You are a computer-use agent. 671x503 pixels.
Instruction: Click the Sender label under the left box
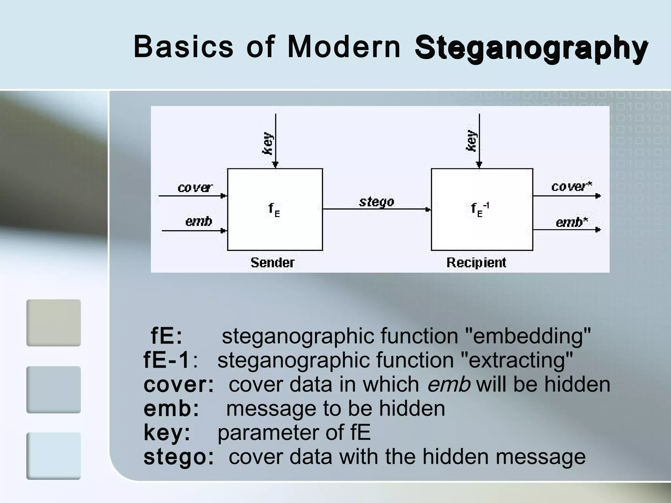(x=272, y=263)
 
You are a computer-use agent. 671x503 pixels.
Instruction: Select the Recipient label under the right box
(x=476, y=263)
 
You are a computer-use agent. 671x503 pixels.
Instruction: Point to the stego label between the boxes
(x=376, y=202)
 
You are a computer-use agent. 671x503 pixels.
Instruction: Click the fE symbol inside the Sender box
(x=274, y=210)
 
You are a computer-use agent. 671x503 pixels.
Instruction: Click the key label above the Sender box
(x=268, y=143)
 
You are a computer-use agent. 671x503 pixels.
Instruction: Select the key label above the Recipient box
(x=471, y=141)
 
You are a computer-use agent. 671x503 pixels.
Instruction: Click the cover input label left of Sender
(x=195, y=188)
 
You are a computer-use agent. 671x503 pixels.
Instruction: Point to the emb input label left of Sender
(x=199, y=222)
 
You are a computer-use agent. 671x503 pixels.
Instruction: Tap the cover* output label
(x=571, y=187)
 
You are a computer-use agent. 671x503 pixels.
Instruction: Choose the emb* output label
(x=572, y=222)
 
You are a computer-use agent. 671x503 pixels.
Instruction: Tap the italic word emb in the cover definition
(x=449, y=384)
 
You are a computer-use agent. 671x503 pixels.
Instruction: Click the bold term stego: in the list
(x=179, y=457)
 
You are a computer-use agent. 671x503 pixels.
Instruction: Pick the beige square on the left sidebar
(x=53, y=323)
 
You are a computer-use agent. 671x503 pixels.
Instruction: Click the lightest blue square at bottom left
(x=53, y=456)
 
